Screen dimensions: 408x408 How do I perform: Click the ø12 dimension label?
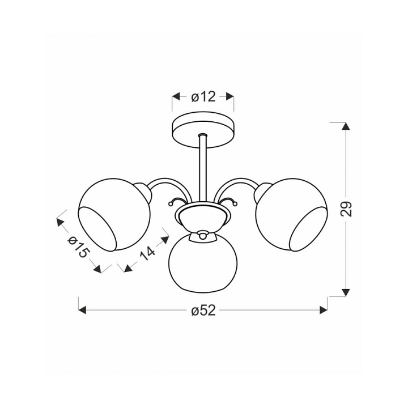203,97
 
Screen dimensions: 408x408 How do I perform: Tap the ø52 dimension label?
203,310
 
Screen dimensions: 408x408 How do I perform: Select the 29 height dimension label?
346,209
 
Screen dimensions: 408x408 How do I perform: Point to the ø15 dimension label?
79,246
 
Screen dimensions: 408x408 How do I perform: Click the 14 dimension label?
147,253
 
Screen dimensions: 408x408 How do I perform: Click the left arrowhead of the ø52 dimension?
82,310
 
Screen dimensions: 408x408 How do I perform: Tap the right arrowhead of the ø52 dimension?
324,310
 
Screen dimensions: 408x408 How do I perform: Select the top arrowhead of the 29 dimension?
346,126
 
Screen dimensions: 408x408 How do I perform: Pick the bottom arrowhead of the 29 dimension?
346,292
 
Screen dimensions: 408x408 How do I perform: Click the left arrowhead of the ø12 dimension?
176,96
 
